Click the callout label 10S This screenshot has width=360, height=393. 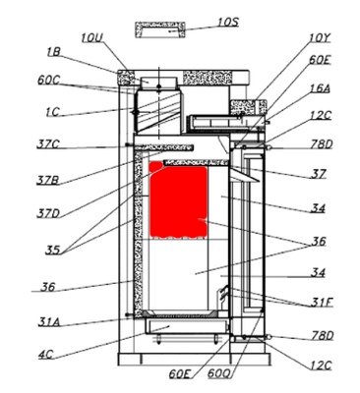(228, 22)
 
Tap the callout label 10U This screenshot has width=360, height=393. (92, 38)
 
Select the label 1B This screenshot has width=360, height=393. (53, 52)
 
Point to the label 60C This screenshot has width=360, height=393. (48, 81)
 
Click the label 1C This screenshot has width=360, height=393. (52, 112)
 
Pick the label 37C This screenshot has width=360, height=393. (48, 144)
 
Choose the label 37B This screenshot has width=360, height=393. (48, 180)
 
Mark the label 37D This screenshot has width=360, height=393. (48, 214)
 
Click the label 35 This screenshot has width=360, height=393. (53, 251)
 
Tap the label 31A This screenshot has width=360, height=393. (49, 322)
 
